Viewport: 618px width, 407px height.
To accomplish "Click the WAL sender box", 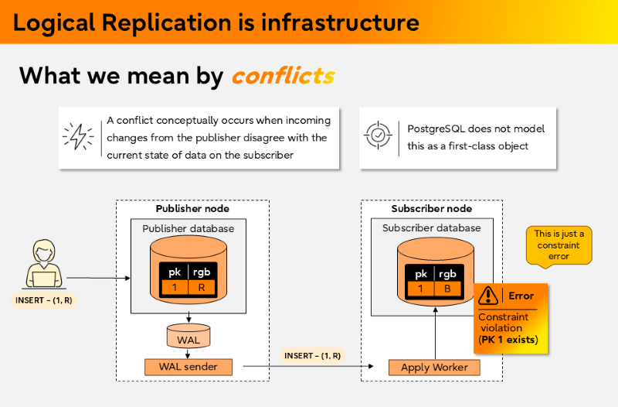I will (x=188, y=366).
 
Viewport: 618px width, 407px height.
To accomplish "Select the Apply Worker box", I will (x=434, y=368).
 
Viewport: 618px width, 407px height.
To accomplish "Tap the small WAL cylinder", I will (x=188, y=337).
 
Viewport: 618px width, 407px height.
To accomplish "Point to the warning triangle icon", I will (x=488, y=296).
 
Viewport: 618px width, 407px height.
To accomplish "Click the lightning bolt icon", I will (x=79, y=137).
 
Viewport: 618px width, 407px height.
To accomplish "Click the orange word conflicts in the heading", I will (x=283, y=76).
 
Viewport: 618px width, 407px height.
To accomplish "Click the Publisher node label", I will (x=192, y=209).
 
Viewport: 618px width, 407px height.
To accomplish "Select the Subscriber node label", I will (x=432, y=209).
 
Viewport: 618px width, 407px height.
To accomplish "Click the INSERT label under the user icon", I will (x=44, y=299).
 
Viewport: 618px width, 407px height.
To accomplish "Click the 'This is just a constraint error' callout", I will (x=559, y=245).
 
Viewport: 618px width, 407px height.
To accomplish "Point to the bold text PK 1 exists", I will (x=508, y=340).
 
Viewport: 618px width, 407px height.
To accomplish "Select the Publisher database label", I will (x=188, y=228).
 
